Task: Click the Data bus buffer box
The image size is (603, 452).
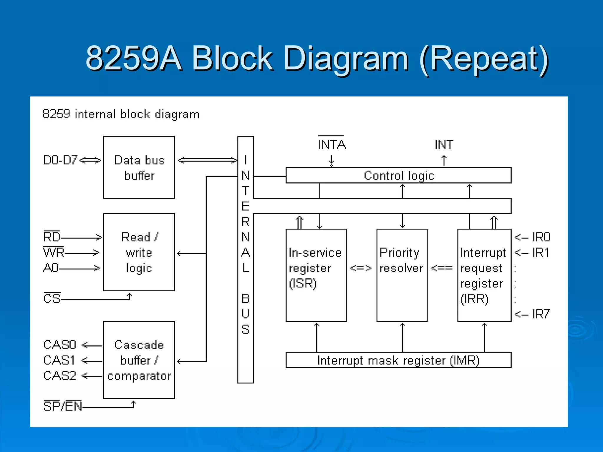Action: (139, 167)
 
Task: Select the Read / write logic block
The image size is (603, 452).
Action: (139, 252)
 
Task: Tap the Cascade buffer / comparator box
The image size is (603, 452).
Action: (139, 360)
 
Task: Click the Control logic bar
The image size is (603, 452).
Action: (398, 175)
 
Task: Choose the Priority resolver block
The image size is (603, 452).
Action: (402, 275)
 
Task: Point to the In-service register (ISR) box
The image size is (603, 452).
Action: (316, 275)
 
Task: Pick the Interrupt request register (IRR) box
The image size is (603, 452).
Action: (484, 275)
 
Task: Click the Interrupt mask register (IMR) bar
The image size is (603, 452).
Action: (398, 360)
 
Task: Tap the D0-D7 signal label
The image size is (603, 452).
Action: (60, 160)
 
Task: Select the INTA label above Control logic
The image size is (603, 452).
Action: (332, 144)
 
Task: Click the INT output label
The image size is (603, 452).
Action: (444, 144)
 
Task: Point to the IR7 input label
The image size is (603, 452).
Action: (541, 314)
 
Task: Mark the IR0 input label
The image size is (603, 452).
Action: (541, 237)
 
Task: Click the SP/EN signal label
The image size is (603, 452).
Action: (63, 406)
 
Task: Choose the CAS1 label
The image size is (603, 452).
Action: (59, 360)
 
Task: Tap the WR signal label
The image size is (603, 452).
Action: (54, 252)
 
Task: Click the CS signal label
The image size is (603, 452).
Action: (52, 298)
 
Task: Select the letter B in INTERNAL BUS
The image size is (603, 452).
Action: (246, 299)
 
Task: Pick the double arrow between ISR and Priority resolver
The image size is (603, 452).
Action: (361, 268)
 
